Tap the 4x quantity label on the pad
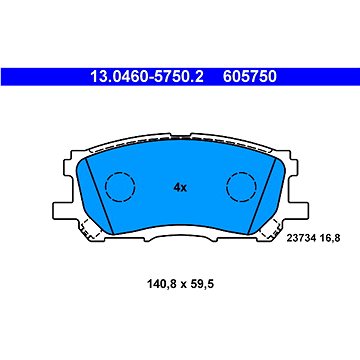click(x=180, y=187)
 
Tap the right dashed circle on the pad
click(x=241, y=186)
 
